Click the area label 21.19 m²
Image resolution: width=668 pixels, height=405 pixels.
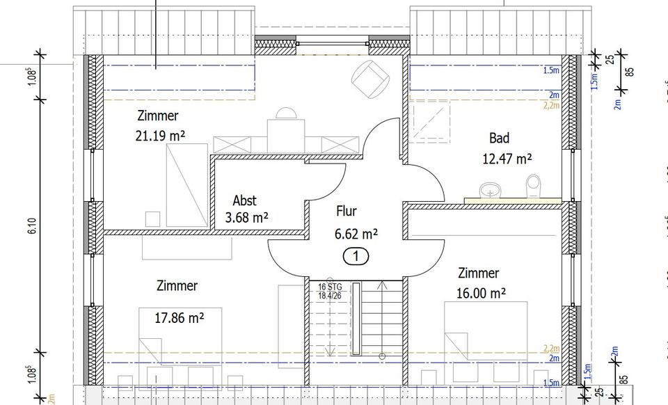coord(160,136)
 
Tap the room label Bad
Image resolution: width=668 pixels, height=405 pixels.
coord(499,138)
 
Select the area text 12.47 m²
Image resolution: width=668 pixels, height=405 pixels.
coord(507,159)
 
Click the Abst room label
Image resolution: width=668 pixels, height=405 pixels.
coord(245,200)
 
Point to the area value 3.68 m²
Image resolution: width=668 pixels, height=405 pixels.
coord(247,218)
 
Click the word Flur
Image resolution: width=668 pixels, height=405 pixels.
coord(347,211)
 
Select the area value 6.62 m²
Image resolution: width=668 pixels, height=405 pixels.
coord(356,233)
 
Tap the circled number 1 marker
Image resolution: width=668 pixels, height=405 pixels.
coord(356,256)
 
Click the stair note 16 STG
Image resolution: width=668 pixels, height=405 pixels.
coord(330,286)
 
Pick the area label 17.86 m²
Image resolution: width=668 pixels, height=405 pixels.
coord(179,318)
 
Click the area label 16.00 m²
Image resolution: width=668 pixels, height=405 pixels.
coord(481,294)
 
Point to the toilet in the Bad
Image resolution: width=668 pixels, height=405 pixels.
coord(534,186)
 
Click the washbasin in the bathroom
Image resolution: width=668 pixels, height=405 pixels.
coord(491,189)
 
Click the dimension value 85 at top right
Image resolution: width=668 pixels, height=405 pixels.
coord(630,71)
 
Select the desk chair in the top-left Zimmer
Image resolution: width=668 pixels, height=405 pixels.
coord(286,114)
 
